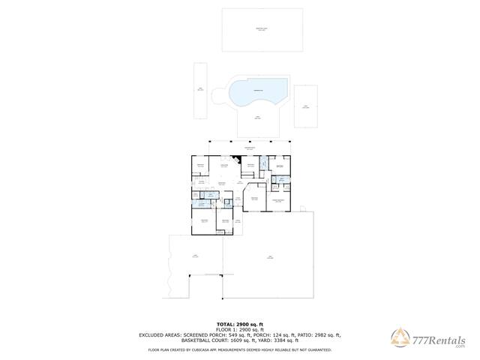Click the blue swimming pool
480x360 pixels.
(259, 92)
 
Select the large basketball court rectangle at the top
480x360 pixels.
(262, 30)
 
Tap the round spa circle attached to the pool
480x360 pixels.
(219, 96)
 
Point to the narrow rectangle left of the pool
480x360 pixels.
(200, 90)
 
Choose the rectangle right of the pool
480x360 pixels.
(305, 106)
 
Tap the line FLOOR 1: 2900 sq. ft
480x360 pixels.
(239, 329)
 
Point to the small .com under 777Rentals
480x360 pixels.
(459, 346)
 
